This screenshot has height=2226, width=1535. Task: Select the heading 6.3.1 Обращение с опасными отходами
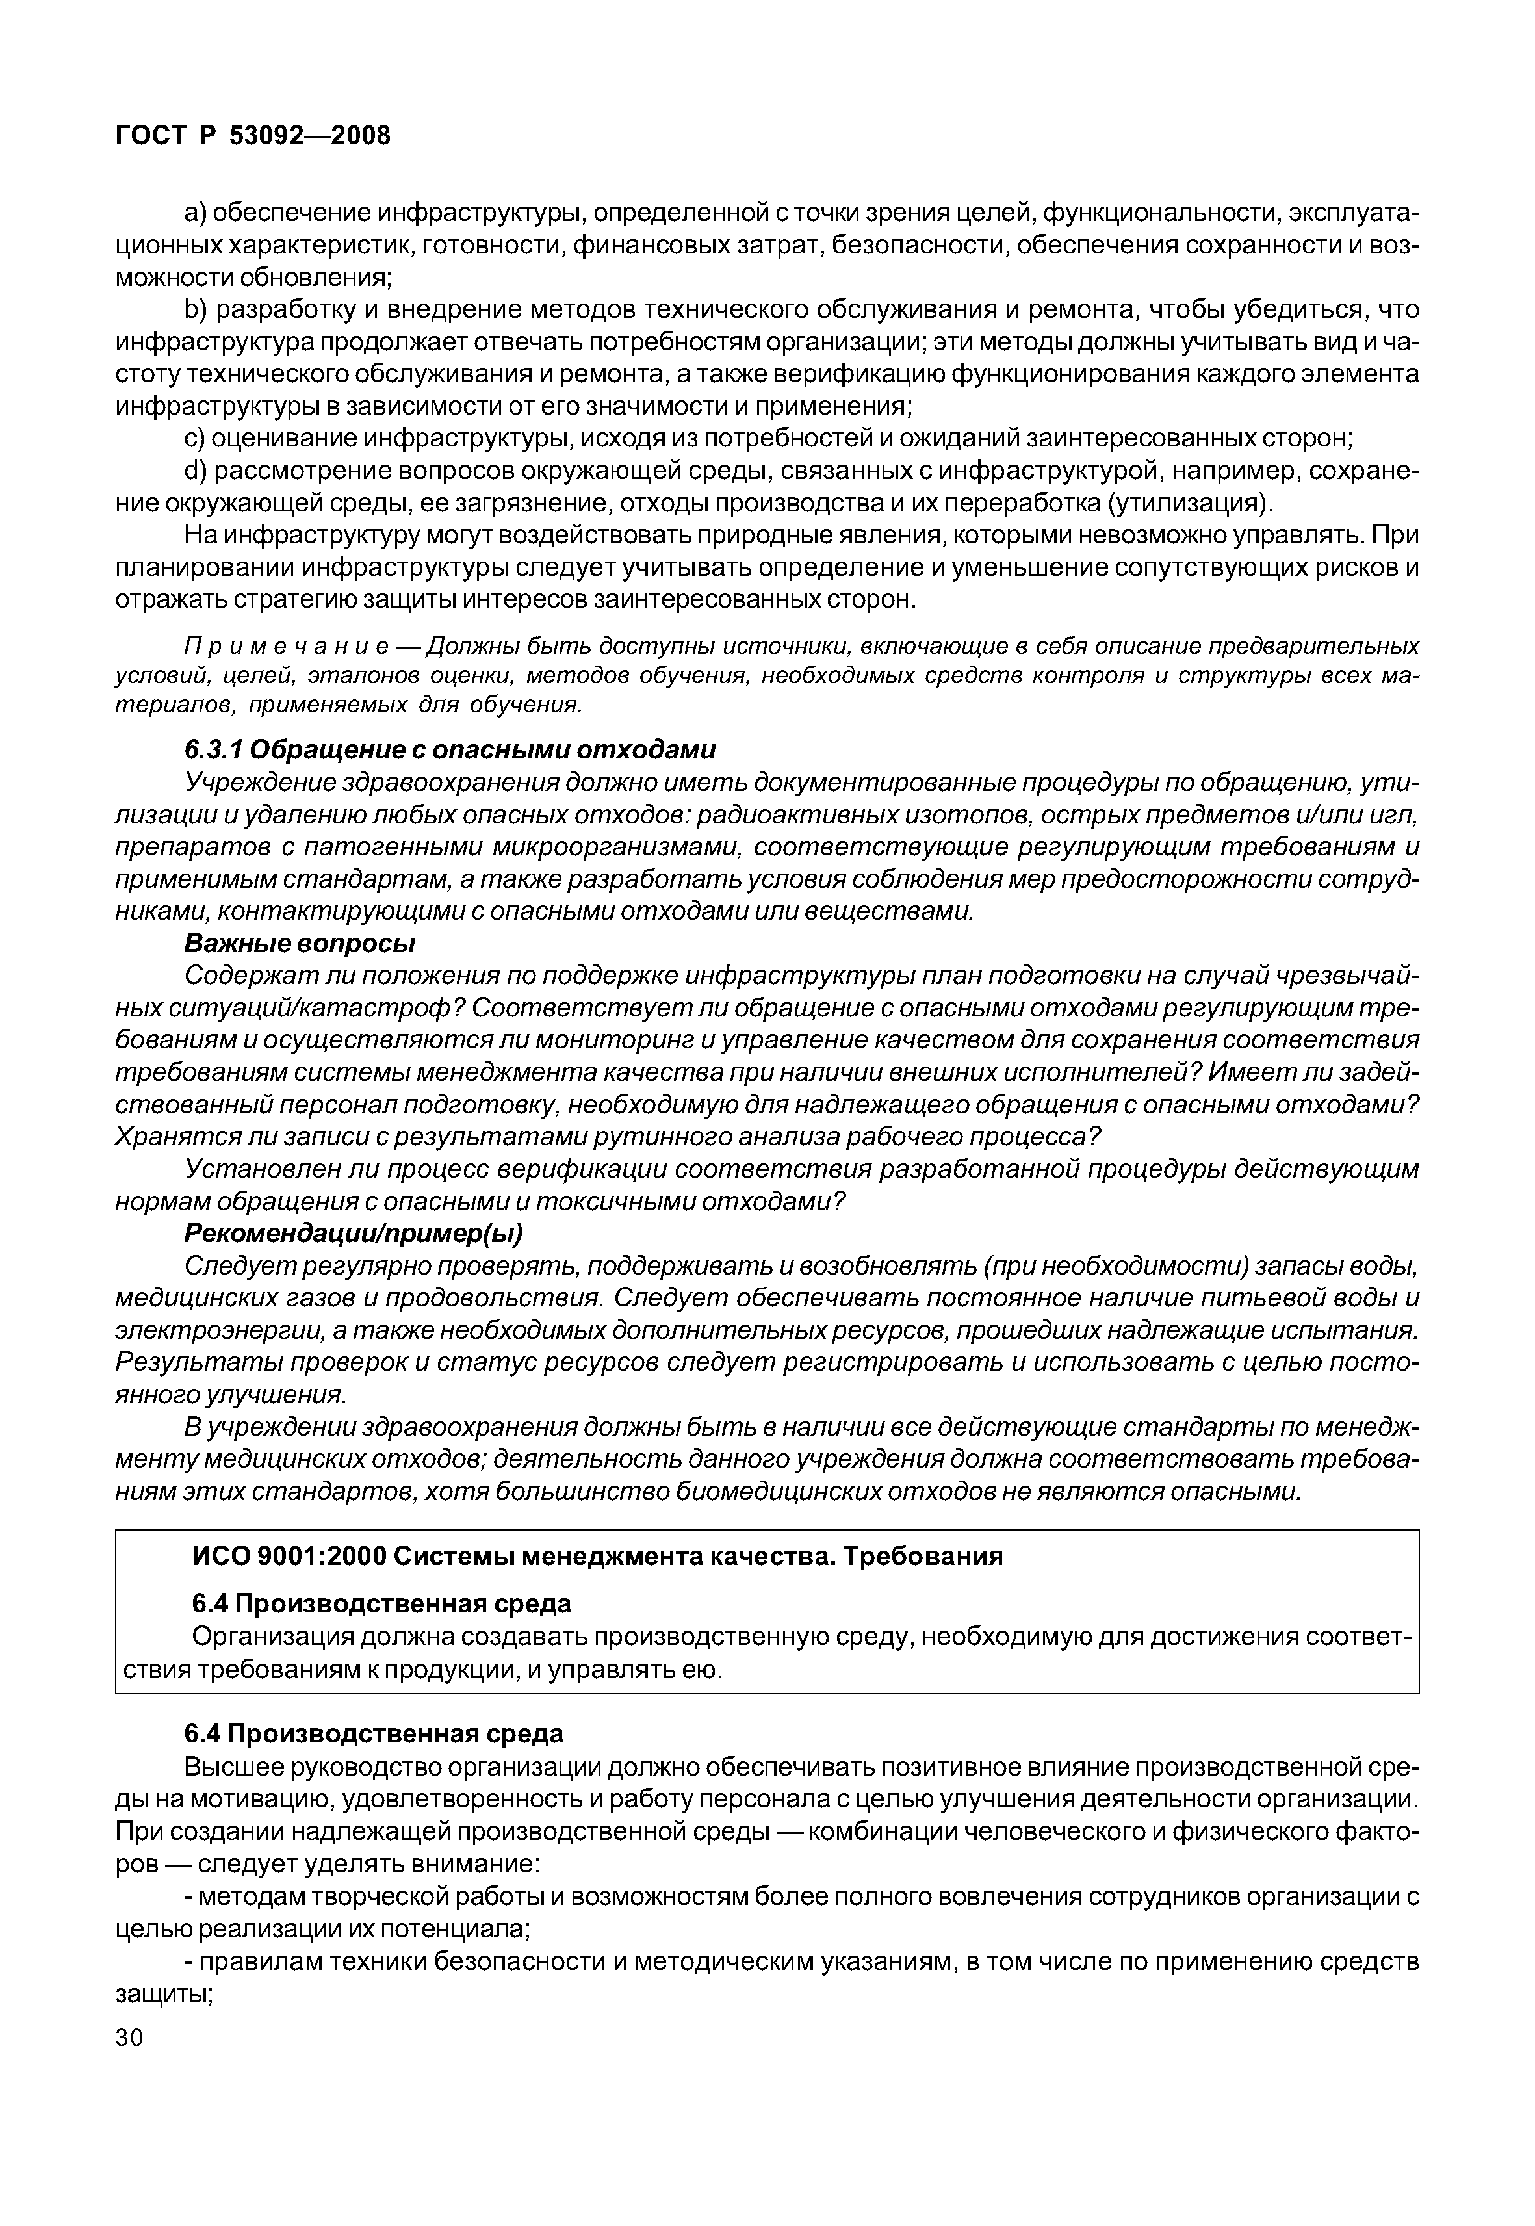[450, 749]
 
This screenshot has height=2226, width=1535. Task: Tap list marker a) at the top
[196, 213]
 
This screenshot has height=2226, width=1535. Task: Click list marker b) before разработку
[196, 310]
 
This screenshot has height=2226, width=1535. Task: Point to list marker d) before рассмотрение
[196, 471]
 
